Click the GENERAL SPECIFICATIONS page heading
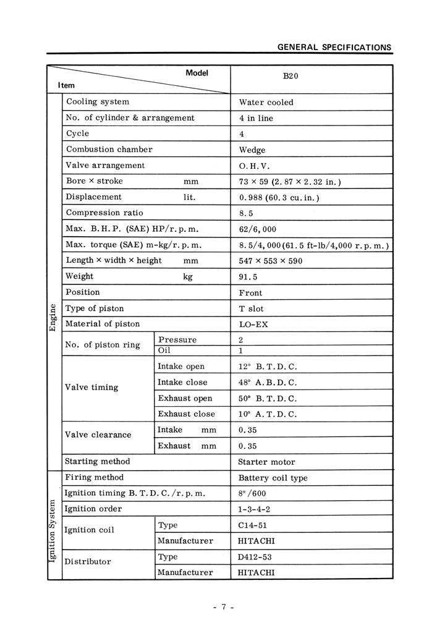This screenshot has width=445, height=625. (334, 47)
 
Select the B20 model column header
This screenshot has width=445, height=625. (290, 76)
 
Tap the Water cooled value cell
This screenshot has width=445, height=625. (266, 103)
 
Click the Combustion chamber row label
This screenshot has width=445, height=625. (109, 149)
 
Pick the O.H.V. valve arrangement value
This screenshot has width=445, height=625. (254, 166)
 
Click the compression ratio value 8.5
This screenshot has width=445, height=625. (246, 213)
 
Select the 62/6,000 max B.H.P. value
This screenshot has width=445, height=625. (257, 229)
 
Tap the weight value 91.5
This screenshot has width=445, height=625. (249, 277)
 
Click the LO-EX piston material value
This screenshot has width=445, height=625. (253, 324)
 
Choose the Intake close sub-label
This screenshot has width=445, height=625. (182, 382)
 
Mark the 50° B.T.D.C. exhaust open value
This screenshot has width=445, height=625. (267, 399)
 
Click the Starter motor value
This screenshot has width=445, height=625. (266, 462)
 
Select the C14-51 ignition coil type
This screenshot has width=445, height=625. (252, 525)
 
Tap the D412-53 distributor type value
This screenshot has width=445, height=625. (255, 557)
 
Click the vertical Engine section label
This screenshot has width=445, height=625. (53, 317)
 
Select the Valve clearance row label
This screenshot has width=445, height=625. (98, 435)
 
